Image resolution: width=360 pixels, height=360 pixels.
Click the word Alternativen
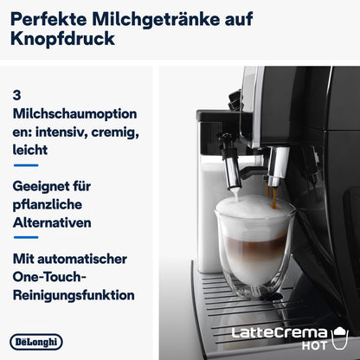[56, 222]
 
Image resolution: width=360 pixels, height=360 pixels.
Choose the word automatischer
[84, 258]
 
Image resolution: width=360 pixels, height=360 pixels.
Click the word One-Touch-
[52, 276]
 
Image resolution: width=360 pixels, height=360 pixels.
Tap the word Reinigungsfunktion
[74, 294]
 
